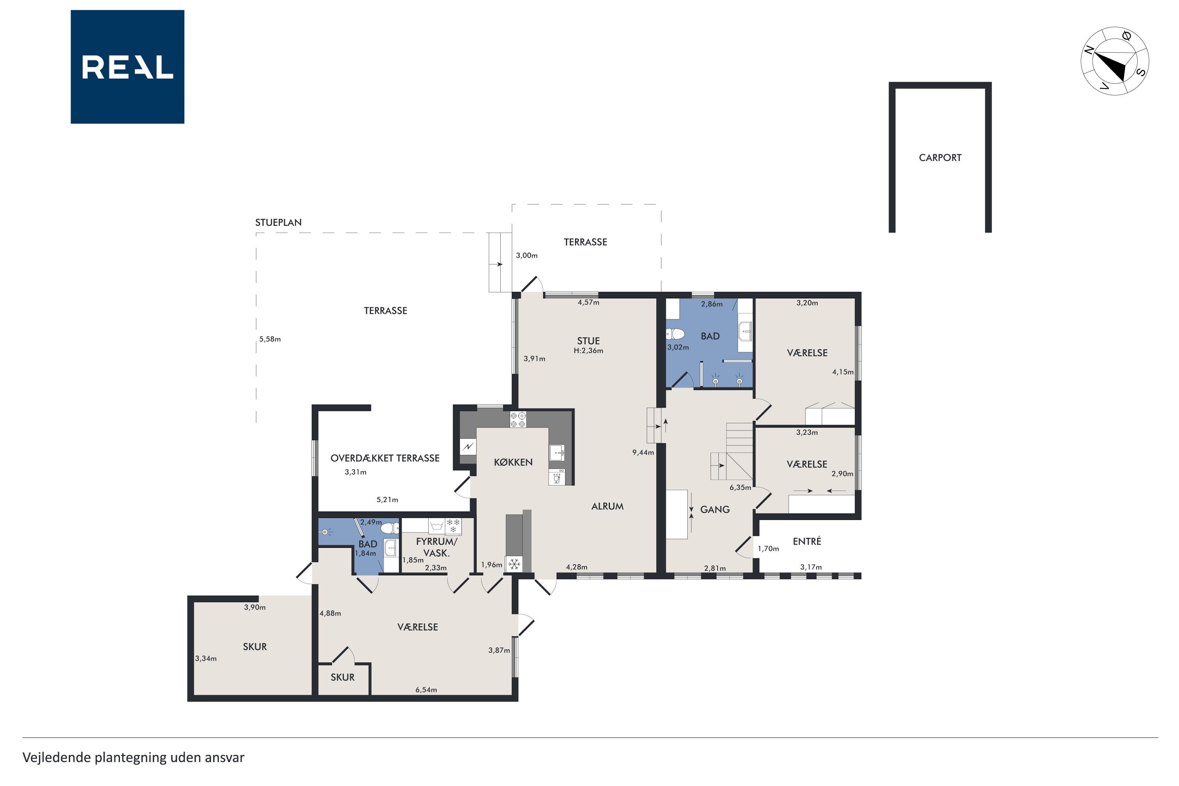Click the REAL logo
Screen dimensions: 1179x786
coord(127,67)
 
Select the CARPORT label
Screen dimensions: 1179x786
coord(940,158)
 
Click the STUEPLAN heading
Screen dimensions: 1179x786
coord(278,222)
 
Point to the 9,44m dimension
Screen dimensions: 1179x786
coord(643,452)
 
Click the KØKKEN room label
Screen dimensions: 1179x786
coord(513,462)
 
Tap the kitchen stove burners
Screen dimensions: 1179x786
coord(518,420)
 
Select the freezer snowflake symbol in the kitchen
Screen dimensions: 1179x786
coord(514,564)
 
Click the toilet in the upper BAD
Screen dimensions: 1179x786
coord(675,333)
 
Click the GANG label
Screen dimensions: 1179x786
coord(715,510)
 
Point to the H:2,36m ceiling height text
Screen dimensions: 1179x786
coord(588,351)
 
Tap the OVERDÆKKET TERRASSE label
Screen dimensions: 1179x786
coord(385,458)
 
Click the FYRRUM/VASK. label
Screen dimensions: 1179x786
coord(436,547)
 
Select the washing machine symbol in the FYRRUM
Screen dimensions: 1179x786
coord(437,526)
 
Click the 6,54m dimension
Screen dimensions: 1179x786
coord(426,690)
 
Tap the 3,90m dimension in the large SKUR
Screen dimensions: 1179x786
coord(255,608)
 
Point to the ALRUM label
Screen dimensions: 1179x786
coord(608,506)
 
